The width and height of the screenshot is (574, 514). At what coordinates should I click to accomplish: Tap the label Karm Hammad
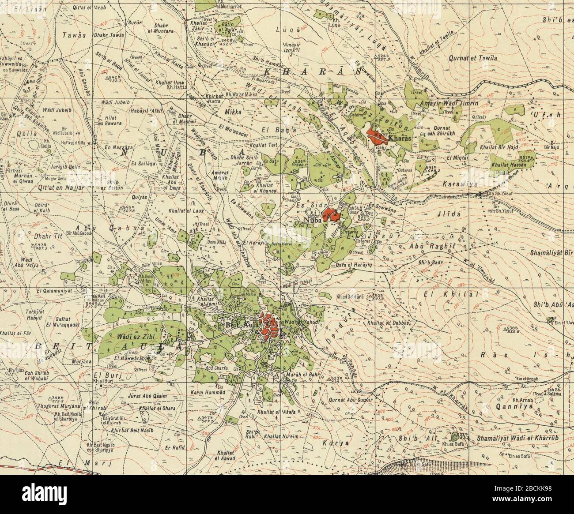208,392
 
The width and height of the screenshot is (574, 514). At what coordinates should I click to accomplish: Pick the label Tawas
73,34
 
